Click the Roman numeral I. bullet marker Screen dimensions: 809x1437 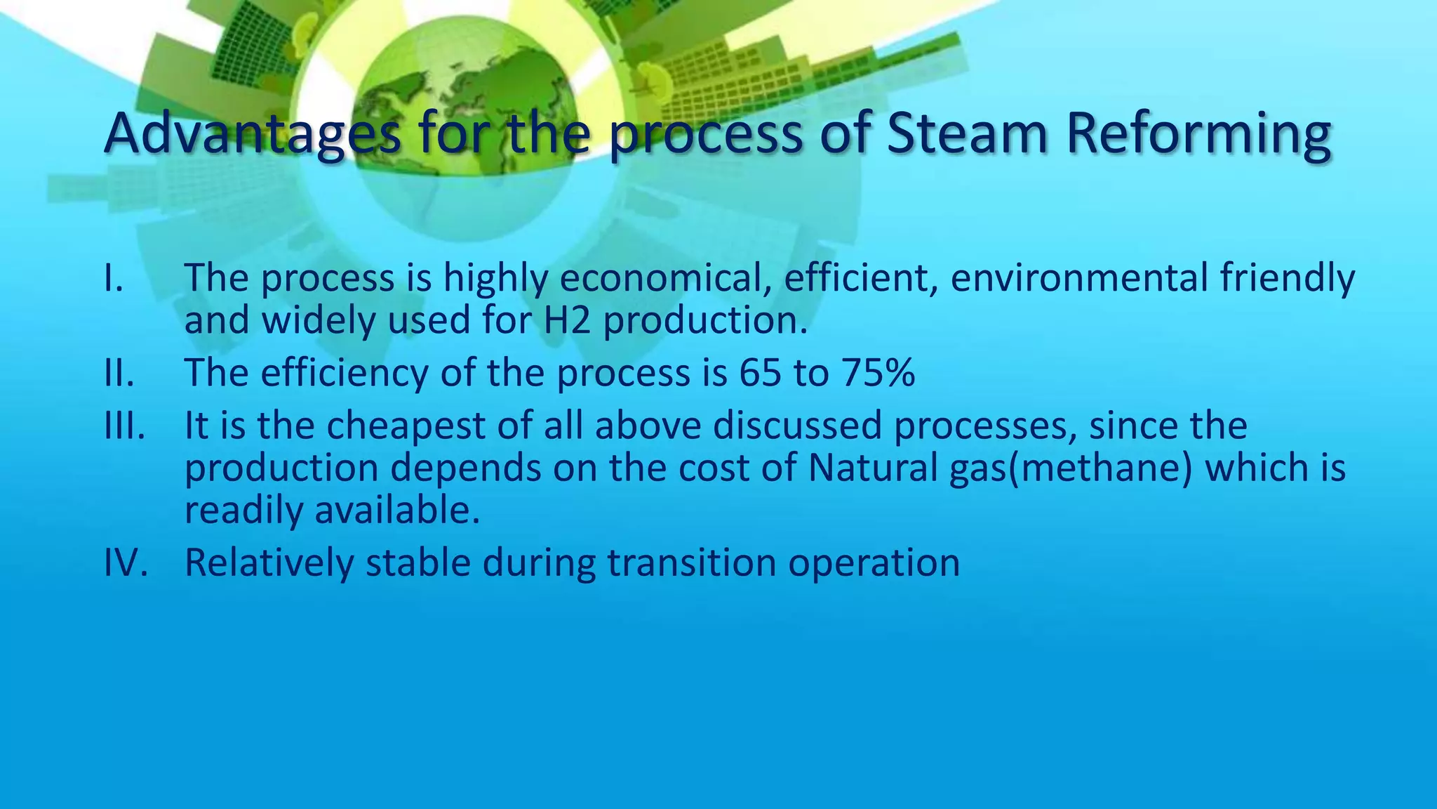[114, 278]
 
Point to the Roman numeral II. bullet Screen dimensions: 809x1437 [119, 373]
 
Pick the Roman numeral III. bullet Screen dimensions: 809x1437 [124, 426]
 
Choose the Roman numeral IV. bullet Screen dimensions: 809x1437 [126, 563]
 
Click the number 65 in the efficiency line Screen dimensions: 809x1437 [760, 373]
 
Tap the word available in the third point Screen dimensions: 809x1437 [397, 510]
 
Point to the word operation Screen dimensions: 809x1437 [874, 563]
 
